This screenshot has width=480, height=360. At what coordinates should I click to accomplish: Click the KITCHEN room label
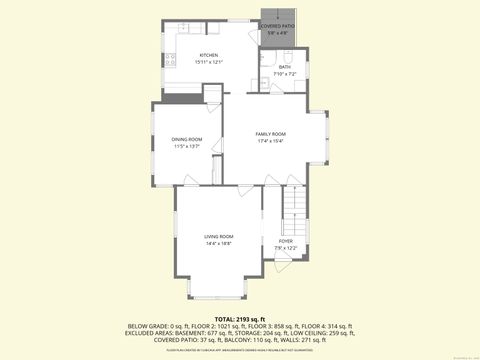click(208, 55)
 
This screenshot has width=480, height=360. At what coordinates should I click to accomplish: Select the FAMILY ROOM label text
click(270, 134)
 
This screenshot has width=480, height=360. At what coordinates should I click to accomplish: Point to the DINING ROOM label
click(187, 139)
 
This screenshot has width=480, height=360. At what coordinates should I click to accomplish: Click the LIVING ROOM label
click(218, 236)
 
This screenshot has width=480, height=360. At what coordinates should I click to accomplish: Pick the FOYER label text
click(286, 241)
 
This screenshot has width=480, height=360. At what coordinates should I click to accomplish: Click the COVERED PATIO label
click(277, 27)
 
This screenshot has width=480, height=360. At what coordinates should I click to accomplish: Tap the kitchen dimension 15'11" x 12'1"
click(208, 62)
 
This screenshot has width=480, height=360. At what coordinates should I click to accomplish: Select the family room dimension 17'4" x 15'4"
click(270, 141)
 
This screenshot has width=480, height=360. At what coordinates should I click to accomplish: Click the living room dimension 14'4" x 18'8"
click(218, 243)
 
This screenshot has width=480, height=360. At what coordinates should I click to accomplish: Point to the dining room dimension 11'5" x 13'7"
click(187, 146)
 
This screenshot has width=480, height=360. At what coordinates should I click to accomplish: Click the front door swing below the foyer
click(280, 269)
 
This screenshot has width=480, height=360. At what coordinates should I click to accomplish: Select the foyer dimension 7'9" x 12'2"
click(286, 248)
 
